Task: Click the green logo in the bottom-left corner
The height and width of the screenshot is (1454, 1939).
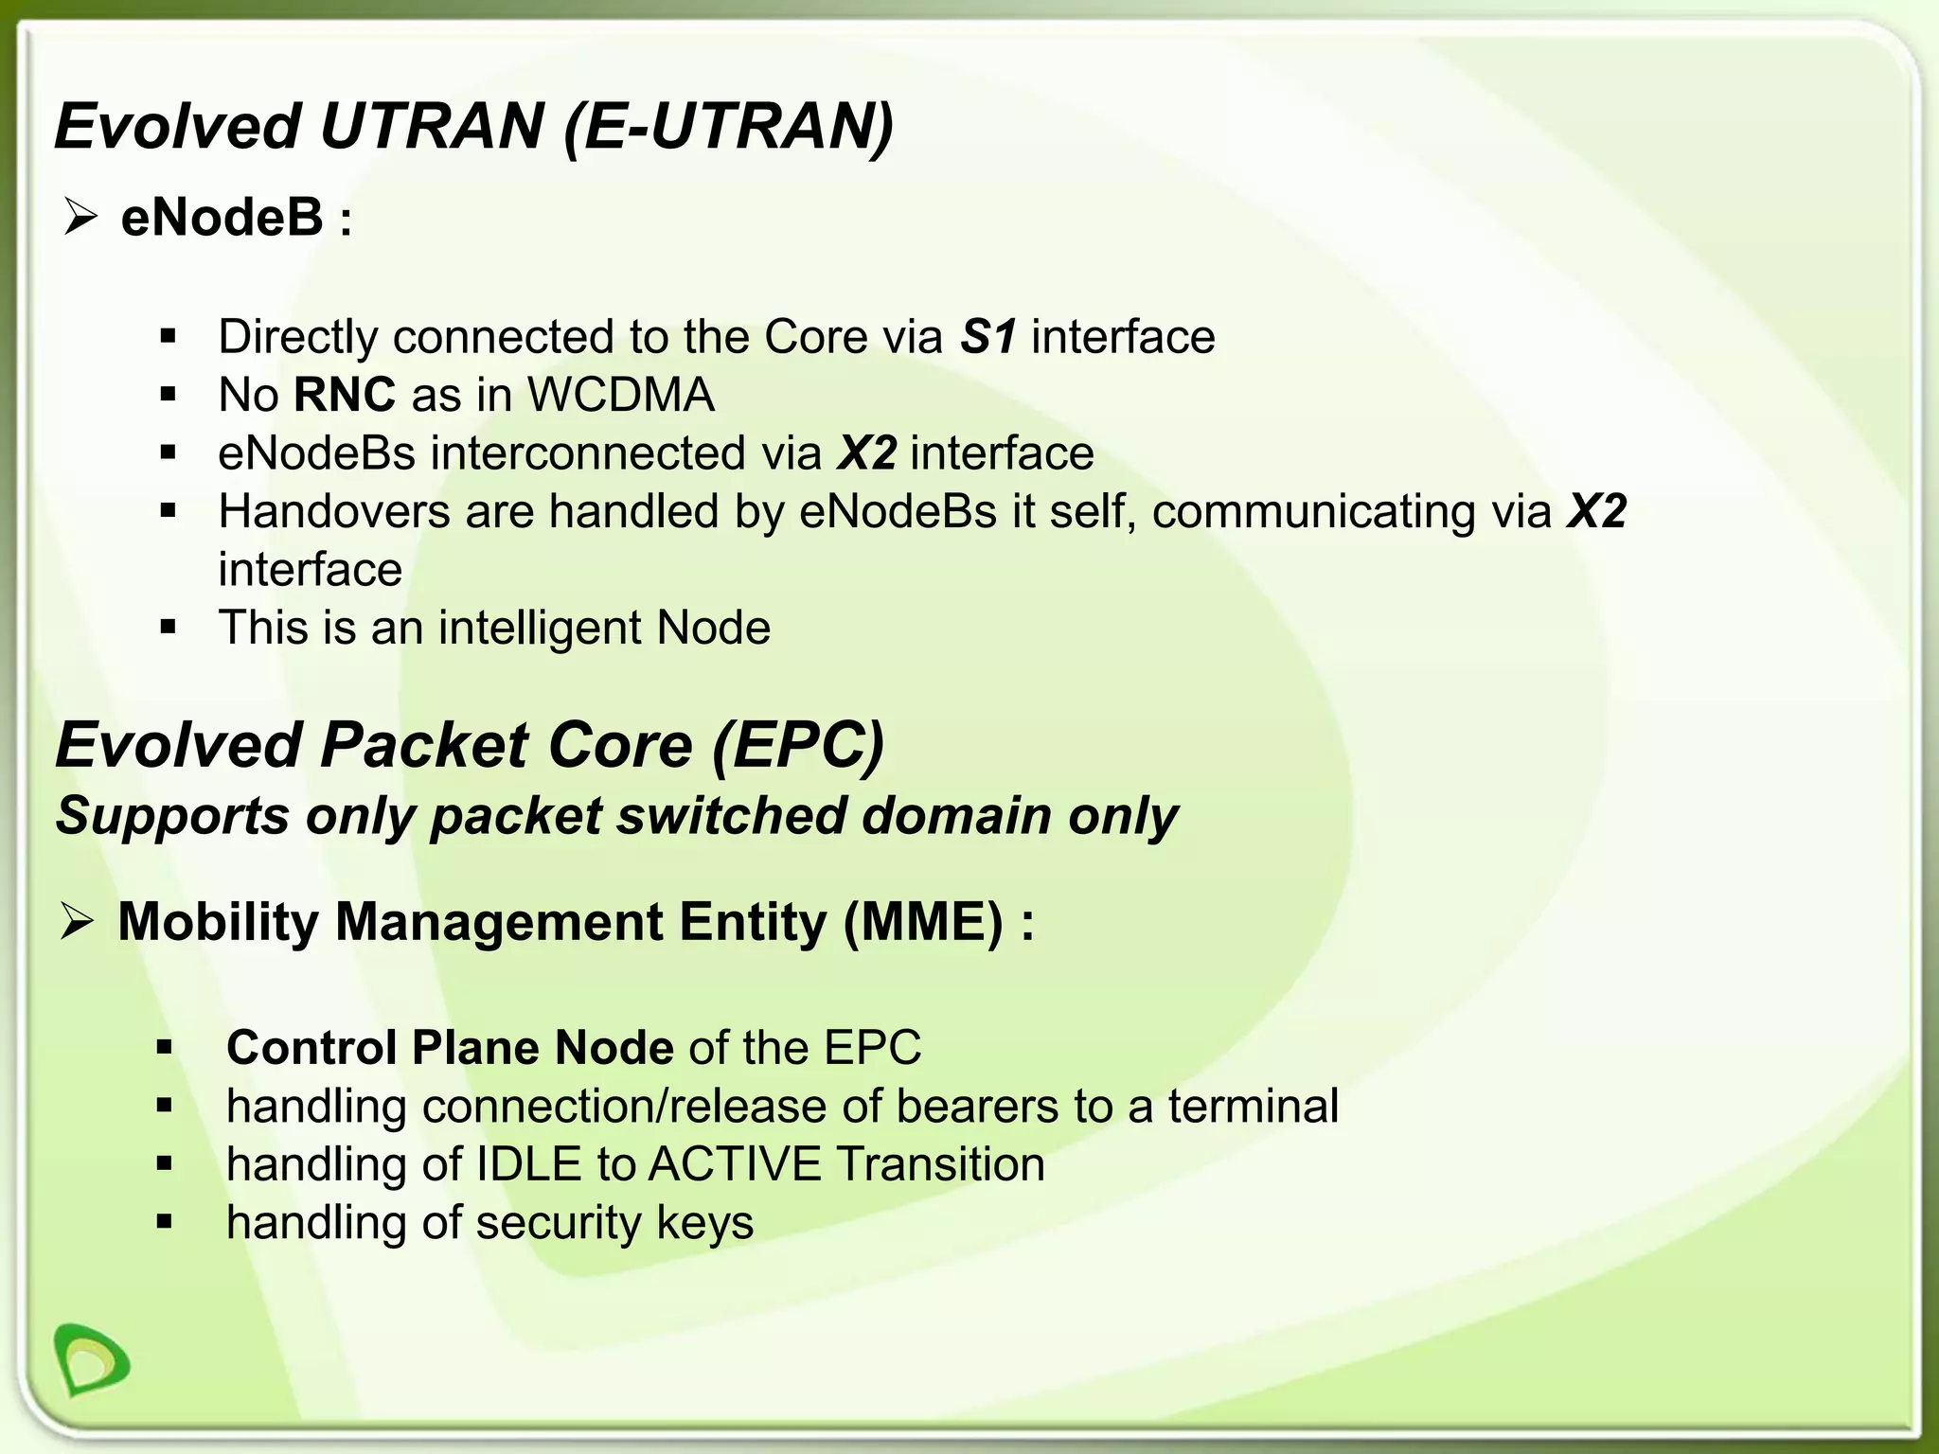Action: click(x=92, y=1359)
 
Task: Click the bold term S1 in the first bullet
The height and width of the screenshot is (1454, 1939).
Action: click(x=988, y=337)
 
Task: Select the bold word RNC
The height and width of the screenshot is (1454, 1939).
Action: click(x=345, y=395)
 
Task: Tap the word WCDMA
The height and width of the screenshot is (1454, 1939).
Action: click(x=621, y=395)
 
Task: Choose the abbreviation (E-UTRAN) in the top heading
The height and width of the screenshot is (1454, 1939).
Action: click(x=728, y=127)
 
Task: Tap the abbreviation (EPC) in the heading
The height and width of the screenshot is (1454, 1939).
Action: click(x=797, y=746)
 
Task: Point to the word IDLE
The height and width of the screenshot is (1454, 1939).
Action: click(x=528, y=1164)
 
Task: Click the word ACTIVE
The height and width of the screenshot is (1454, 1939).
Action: click(x=735, y=1164)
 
